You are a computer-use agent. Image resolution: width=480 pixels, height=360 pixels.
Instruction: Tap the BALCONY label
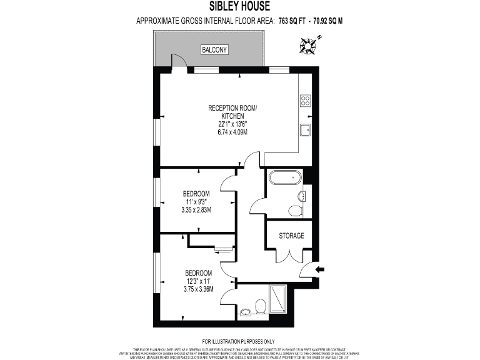[x=214, y=49]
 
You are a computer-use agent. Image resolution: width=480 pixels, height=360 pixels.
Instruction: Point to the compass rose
[x=307, y=44]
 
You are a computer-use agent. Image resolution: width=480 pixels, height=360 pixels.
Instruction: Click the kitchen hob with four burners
[x=306, y=101]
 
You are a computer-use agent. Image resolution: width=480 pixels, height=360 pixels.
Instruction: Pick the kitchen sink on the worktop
[x=306, y=129]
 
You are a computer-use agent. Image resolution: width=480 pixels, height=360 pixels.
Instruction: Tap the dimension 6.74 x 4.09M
[x=232, y=132]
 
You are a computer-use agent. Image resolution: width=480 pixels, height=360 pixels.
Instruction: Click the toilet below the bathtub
[x=295, y=211]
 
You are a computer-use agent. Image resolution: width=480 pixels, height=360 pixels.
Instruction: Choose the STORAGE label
[x=292, y=236]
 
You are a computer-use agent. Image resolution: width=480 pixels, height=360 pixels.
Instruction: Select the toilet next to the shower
[x=261, y=306]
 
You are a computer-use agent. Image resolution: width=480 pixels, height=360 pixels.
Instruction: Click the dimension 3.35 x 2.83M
[x=196, y=210]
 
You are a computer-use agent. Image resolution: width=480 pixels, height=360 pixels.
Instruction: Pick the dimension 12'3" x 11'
[x=199, y=281]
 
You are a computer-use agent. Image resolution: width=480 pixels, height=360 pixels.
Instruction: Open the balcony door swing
[x=179, y=61]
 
